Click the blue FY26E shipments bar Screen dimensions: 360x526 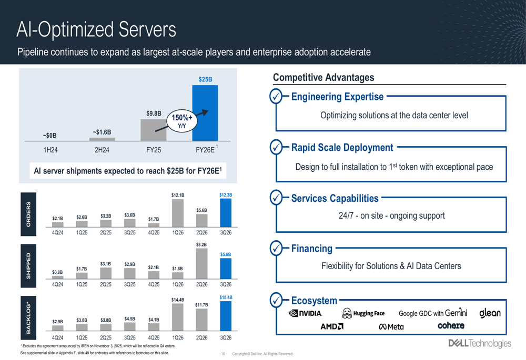[x=205, y=113]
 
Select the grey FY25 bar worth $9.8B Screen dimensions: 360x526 [x=153, y=130]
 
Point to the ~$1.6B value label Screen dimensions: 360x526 [x=102, y=132]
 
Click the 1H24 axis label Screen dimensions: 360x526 [x=50, y=150]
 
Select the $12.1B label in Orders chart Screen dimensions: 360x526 [x=178, y=196]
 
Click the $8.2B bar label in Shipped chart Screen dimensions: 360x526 [x=201, y=244]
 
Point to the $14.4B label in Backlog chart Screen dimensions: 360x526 [x=178, y=300]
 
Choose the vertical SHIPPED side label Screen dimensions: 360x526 [x=28, y=266]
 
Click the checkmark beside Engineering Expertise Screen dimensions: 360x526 [x=276, y=97]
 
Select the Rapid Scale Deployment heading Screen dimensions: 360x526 [x=342, y=148]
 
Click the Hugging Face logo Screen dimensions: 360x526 [x=363, y=314]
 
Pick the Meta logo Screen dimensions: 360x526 [x=391, y=327]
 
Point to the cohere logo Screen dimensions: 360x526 [x=451, y=326]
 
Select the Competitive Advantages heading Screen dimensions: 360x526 [x=323, y=78]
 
